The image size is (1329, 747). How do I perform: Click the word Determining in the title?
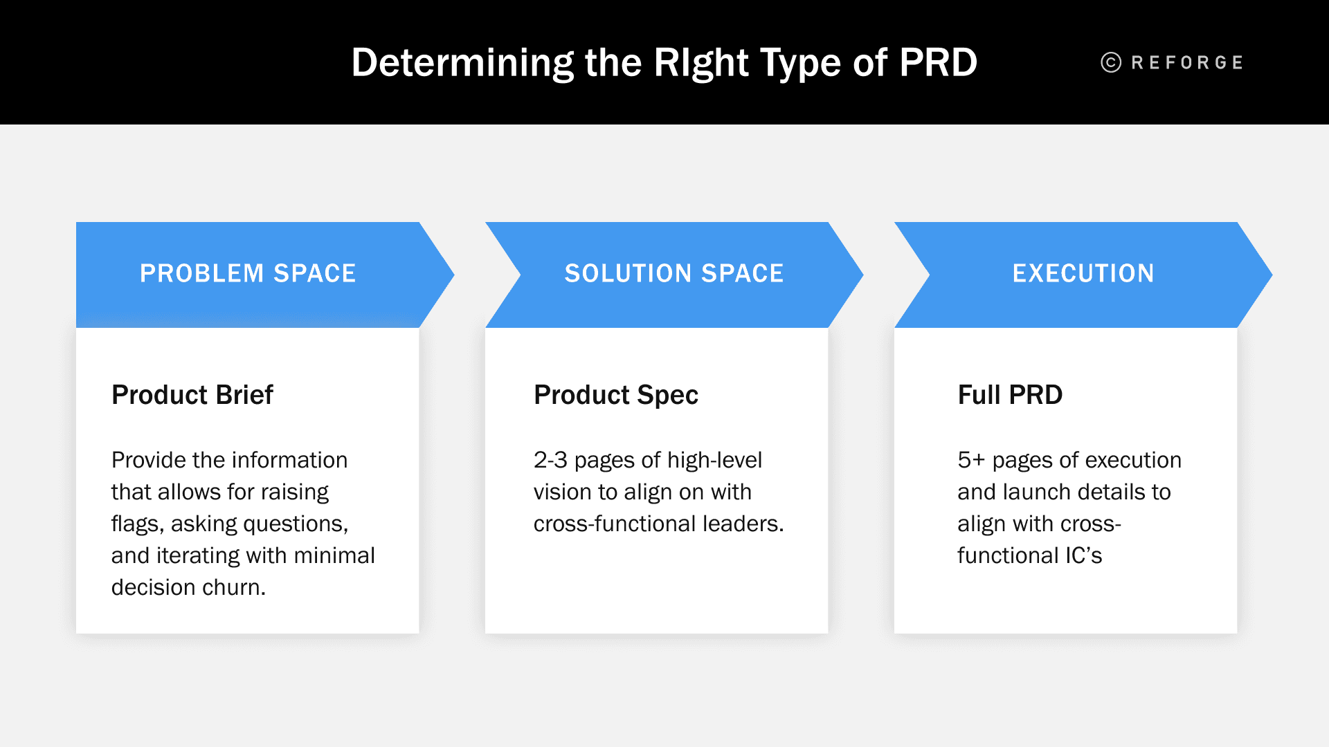[x=462, y=63]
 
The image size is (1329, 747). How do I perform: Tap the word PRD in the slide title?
[x=938, y=63]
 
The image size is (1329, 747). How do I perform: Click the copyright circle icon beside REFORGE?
[x=1110, y=63]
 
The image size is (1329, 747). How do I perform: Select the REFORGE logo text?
[x=1187, y=63]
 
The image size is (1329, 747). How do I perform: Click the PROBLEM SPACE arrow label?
[x=248, y=274]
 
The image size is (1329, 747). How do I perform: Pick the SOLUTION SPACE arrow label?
[x=673, y=274]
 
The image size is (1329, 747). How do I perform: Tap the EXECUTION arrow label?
[x=1083, y=274]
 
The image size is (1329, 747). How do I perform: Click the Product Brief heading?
[x=192, y=395]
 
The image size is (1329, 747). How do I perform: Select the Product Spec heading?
[x=615, y=395]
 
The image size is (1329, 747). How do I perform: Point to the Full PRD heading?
[x=1009, y=395]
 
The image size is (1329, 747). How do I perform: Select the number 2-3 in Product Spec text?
[x=550, y=460]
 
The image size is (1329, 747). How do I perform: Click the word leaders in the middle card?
[x=743, y=524]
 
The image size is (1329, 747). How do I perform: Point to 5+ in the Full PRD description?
[x=970, y=460]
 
